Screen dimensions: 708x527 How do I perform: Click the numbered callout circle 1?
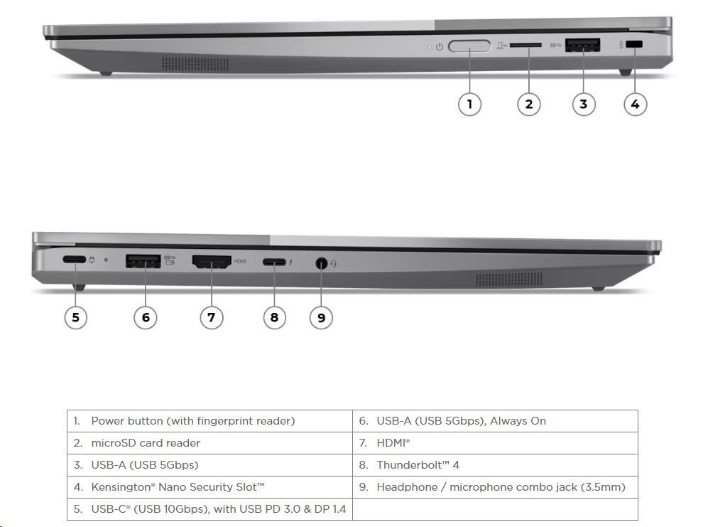click(469, 104)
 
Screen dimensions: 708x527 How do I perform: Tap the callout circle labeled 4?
click(635, 104)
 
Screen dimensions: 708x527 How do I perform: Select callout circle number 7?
click(212, 317)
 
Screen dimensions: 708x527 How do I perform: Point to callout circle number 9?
click(321, 317)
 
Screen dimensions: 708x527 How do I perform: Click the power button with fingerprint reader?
click(469, 46)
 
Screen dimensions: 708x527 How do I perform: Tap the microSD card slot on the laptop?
click(525, 46)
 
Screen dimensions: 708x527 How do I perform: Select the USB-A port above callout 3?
click(582, 46)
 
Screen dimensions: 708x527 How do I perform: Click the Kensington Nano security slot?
click(635, 44)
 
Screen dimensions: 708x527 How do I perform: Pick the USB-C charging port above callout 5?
click(75, 260)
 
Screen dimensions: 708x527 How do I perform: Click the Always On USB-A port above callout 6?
click(143, 261)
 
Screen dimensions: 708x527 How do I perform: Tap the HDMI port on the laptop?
click(212, 262)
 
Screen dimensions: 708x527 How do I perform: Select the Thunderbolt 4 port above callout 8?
click(274, 262)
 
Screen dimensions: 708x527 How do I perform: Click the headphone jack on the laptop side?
click(321, 263)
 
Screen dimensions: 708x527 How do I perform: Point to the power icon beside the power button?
click(440, 46)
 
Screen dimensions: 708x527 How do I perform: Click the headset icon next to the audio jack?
click(334, 263)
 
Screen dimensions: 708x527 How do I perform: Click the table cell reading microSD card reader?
click(146, 443)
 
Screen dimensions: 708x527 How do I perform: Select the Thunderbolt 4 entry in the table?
click(418, 465)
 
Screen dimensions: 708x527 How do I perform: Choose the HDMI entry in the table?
click(393, 443)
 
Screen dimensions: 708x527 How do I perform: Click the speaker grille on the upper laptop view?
click(195, 64)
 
